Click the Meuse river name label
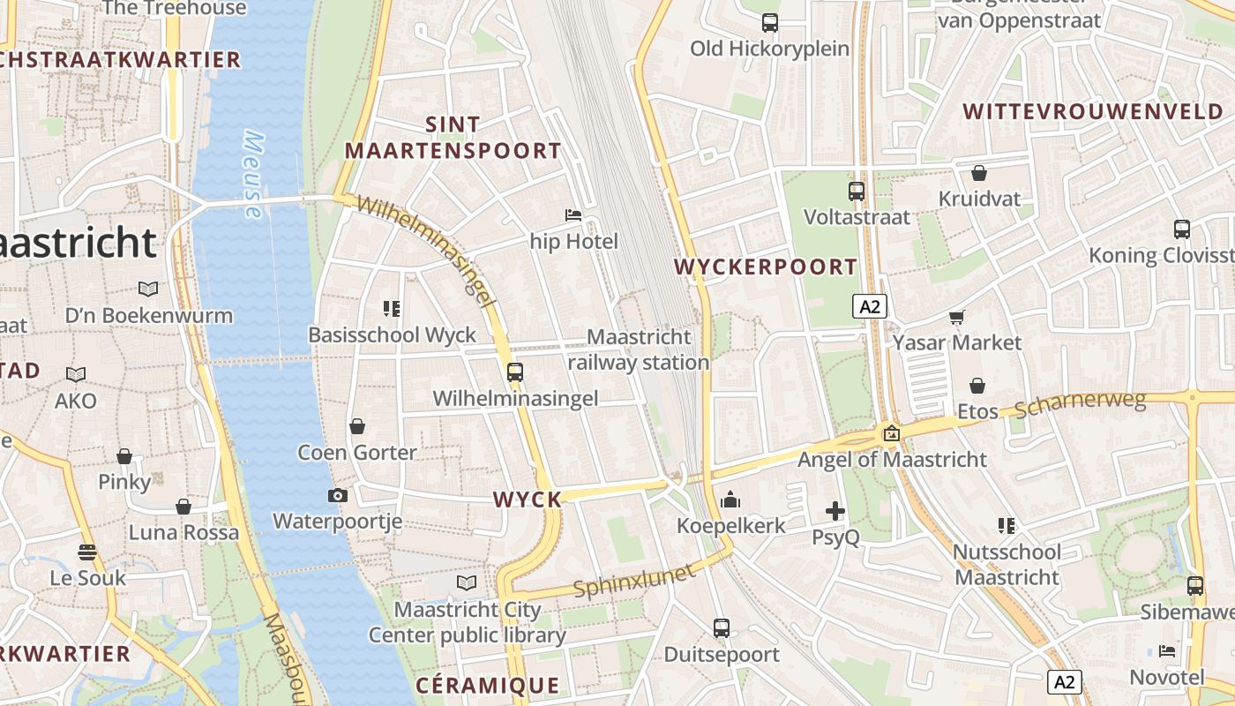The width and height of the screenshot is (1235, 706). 253,175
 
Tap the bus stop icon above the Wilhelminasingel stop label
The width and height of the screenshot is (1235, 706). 515,372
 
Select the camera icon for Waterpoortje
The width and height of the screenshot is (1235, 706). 337,495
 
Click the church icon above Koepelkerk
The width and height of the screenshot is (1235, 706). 730,500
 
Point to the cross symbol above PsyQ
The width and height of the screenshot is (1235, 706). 835,511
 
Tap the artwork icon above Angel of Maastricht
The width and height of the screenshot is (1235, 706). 891,433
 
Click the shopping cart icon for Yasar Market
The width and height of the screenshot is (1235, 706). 957,317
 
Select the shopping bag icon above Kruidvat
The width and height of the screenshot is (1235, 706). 978,173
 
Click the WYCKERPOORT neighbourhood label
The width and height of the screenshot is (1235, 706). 766,267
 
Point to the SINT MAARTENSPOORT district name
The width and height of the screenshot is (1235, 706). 453,138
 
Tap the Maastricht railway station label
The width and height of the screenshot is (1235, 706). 639,349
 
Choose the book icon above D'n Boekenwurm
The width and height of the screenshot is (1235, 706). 148,289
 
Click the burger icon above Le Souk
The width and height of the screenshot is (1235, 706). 86,552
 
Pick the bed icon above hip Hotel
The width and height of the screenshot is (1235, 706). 573,214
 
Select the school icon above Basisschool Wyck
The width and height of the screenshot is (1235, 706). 392,308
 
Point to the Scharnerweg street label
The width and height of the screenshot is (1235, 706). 1080,405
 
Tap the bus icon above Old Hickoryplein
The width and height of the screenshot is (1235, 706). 770,22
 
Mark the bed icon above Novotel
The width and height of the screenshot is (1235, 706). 1166,651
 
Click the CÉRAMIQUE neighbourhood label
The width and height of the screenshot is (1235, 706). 487,686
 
